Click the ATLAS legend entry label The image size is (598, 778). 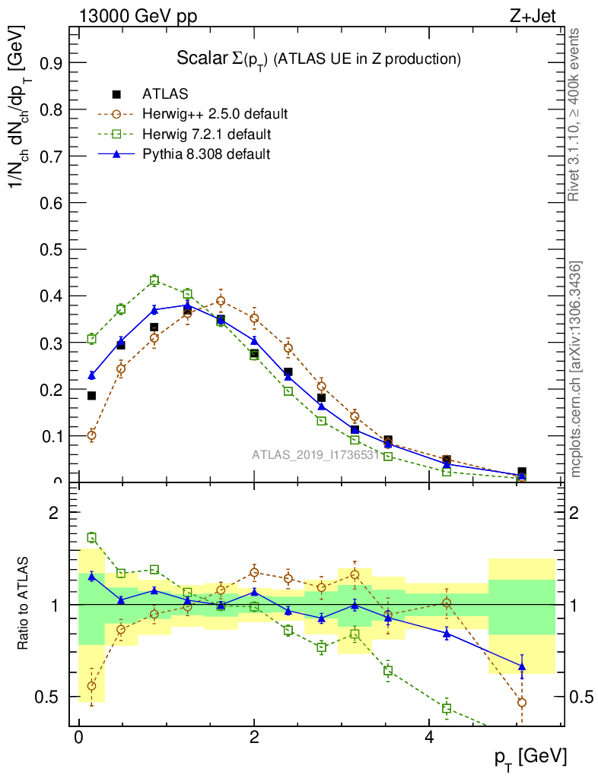(165, 94)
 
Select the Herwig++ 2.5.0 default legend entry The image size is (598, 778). (215, 115)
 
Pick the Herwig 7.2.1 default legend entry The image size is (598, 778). (206, 134)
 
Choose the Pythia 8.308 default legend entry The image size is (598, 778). (206, 154)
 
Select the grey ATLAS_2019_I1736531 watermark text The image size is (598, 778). (314, 455)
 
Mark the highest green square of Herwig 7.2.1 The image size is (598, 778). (154, 280)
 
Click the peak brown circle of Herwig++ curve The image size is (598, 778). (221, 300)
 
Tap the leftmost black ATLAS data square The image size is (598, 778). (92, 395)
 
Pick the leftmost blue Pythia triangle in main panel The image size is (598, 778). (92, 375)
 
